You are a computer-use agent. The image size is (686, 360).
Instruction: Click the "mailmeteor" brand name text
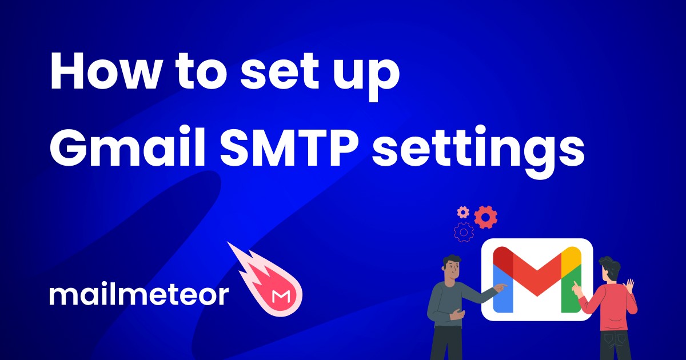(138, 295)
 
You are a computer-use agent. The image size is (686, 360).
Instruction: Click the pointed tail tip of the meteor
(230, 244)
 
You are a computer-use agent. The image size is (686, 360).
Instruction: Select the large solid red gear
(486, 217)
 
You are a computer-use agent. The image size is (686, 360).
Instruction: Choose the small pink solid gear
(463, 213)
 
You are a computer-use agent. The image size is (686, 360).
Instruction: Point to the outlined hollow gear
(464, 232)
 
